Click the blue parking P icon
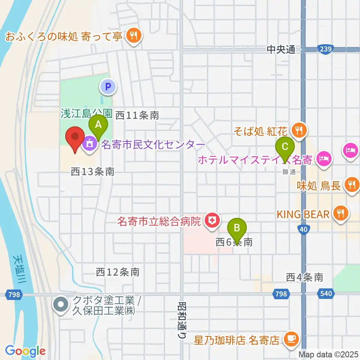108,87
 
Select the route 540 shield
326,294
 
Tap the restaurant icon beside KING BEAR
340,214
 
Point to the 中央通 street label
282,49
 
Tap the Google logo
25,351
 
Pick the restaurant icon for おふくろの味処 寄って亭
133,36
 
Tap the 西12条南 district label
118,272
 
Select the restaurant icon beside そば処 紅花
299,130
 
